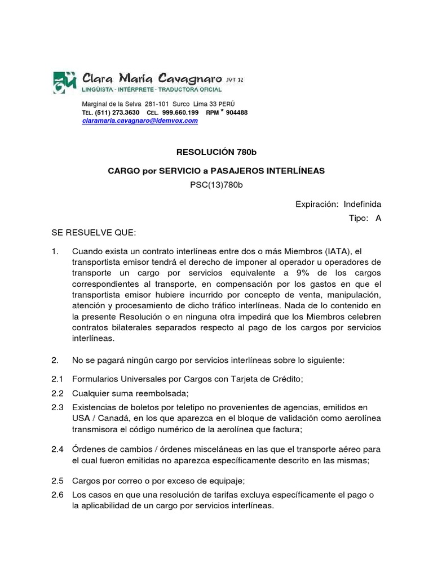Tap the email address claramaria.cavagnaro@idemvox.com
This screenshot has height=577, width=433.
[140, 121]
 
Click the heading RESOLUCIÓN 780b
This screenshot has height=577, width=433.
[216, 152]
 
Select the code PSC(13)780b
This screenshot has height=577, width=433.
[216, 185]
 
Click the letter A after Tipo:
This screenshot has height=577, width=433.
[378, 219]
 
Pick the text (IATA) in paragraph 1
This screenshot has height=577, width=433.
[328, 251]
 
